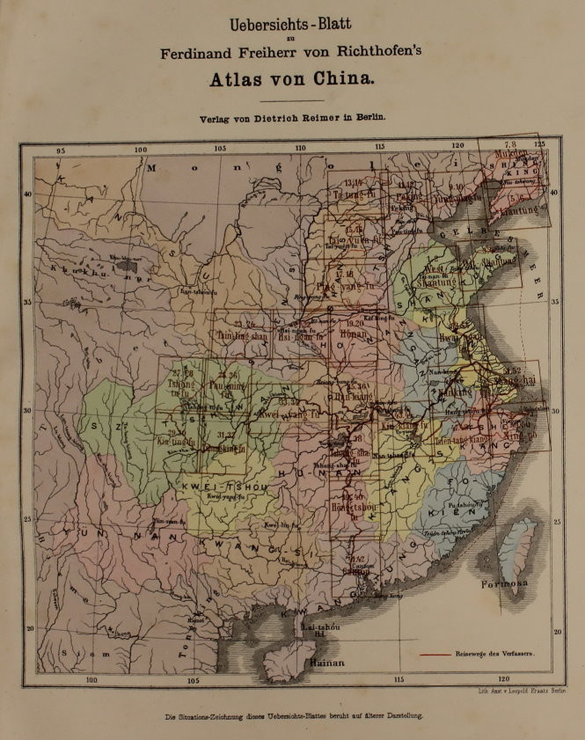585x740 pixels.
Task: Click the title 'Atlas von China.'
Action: pyautogui.click(x=291, y=77)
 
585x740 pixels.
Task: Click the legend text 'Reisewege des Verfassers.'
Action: pyautogui.click(x=498, y=655)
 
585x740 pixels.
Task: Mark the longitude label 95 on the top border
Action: pyautogui.click(x=61, y=150)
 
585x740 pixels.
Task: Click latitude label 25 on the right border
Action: pyautogui.click(x=556, y=522)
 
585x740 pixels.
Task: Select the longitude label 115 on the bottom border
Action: pyautogui.click(x=399, y=679)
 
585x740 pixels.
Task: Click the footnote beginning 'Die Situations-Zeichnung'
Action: pyautogui.click(x=294, y=716)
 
